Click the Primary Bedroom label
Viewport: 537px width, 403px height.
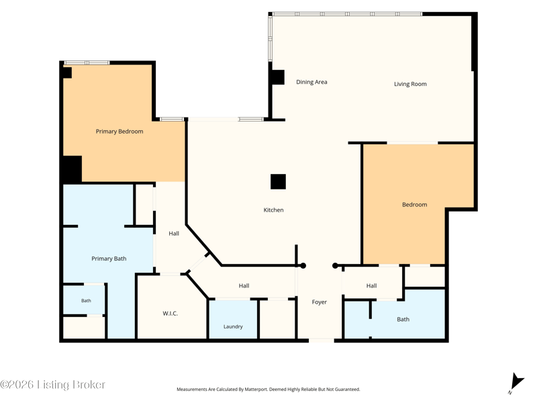(x=119, y=131)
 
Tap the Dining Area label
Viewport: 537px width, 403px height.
(x=311, y=82)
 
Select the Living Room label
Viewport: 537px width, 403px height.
(x=410, y=84)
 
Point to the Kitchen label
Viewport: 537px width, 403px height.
(x=273, y=210)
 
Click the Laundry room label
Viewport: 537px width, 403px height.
(x=233, y=326)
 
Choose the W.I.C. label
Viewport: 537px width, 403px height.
(x=170, y=313)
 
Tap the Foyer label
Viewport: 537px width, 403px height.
(x=320, y=302)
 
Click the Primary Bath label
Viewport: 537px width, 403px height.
(x=109, y=259)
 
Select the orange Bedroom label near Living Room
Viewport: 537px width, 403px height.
(x=414, y=205)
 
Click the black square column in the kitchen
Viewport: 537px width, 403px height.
(x=278, y=181)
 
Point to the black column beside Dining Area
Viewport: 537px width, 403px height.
(x=277, y=77)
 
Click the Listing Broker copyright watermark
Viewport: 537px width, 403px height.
(x=52, y=384)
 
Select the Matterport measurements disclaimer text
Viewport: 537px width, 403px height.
(x=268, y=390)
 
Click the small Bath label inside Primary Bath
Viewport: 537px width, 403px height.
(x=86, y=300)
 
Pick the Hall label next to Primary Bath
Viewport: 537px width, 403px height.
(x=174, y=233)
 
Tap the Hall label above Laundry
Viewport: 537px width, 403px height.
(x=244, y=285)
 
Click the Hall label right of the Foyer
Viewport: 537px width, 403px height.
(x=372, y=285)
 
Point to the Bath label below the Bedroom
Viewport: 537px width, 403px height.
(x=403, y=319)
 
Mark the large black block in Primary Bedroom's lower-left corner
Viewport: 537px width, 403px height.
(x=72, y=169)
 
